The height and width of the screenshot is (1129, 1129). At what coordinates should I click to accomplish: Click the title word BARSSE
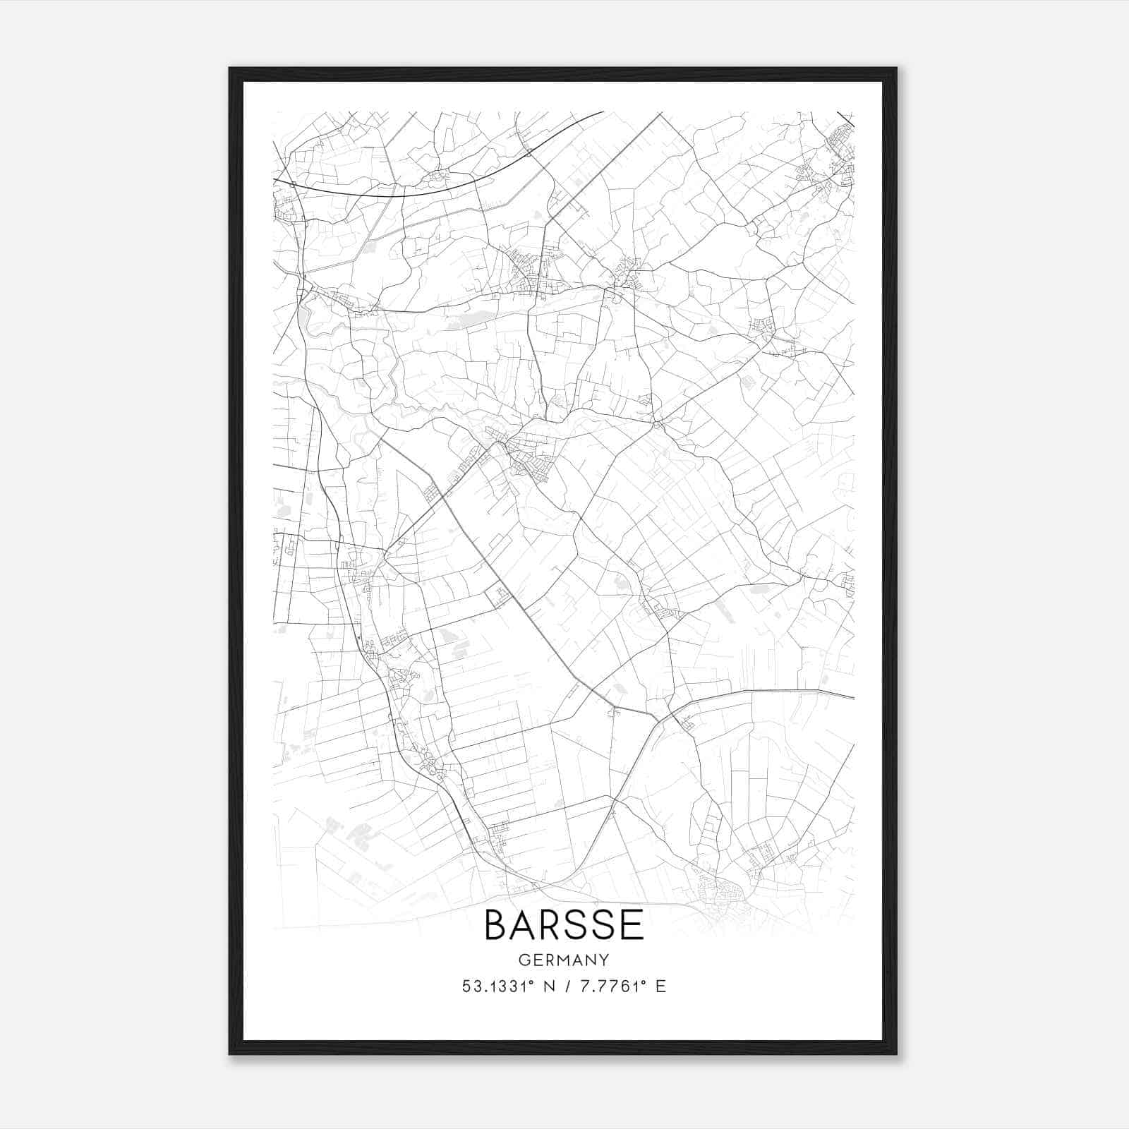[564, 925]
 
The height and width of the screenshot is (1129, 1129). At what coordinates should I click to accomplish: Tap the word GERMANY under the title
[564, 960]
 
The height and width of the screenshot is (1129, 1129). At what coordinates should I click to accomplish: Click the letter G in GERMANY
[524, 960]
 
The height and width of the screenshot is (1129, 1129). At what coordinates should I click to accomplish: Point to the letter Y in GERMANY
[604, 960]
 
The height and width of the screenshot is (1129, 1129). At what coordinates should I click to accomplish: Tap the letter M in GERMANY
[565, 960]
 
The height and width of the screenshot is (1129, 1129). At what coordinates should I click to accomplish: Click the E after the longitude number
[660, 986]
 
